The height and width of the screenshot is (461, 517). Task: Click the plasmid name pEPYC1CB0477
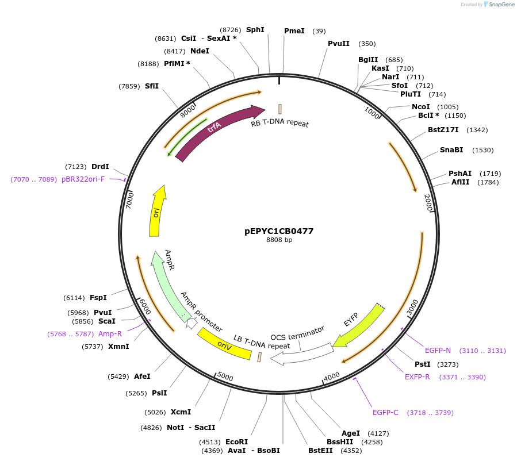pyautogui.click(x=279, y=231)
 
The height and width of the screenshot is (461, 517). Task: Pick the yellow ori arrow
pyautogui.click(x=156, y=211)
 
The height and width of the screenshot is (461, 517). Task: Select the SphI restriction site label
pyautogui.click(x=255, y=29)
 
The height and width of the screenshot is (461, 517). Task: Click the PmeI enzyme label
pyautogui.click(x=294, y=31)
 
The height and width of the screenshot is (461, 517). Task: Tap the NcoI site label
pyautogui.click(x=421, y=106)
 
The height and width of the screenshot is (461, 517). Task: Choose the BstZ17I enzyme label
pyautogui.click(x=443, y=130)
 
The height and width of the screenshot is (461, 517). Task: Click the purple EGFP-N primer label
pyautogui.click(x=438, y=350)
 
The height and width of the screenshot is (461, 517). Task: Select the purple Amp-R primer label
pyautogui.click(x=110, y=333)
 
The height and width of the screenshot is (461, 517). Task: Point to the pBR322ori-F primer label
pyautogui.click(x=83, y=179)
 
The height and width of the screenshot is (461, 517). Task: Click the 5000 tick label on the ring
pyautogui.click(x=225, y=377)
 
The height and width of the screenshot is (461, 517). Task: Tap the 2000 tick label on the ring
pyautogui.click(x=428, y=202)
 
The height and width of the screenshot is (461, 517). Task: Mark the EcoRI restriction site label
pyautogui.click(x=236, y=442)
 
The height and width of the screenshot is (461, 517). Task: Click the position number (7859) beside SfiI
pyautogui.click(x=129, y=86)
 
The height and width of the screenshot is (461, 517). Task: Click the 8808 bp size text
pyautogui.click(x=279, y=240)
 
